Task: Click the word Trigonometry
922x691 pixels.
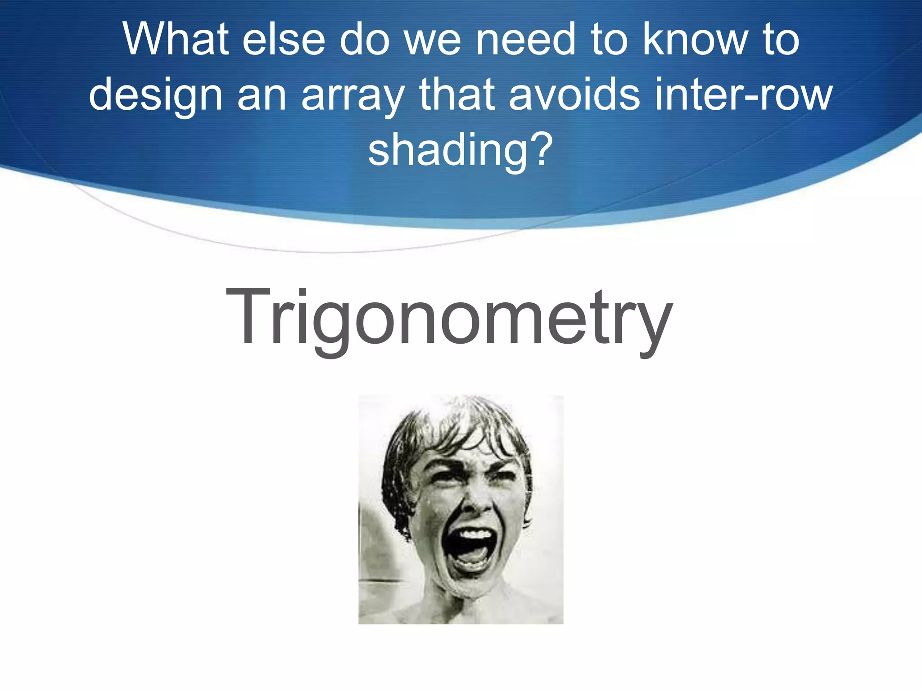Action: coord(449,319)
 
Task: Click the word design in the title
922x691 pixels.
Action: coord(156,96)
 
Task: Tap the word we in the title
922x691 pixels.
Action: coord(432,40)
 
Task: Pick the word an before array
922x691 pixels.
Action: coord(262,96)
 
